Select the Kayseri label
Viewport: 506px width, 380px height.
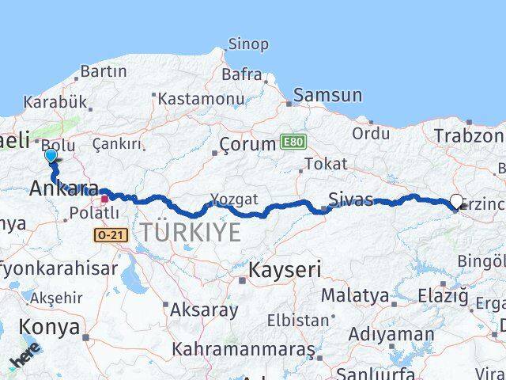point(285,270)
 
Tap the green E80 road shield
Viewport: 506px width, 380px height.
point(292,142)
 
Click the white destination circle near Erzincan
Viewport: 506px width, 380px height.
point(457,202)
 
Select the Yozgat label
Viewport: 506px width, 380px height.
point(234,199)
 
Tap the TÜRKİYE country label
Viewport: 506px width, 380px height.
point(191,232)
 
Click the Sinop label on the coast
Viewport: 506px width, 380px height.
point(247,44)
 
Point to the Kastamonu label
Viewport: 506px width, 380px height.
point(201,98)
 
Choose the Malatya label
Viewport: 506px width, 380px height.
point(354,296)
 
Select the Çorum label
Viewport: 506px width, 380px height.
point(246,146)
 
